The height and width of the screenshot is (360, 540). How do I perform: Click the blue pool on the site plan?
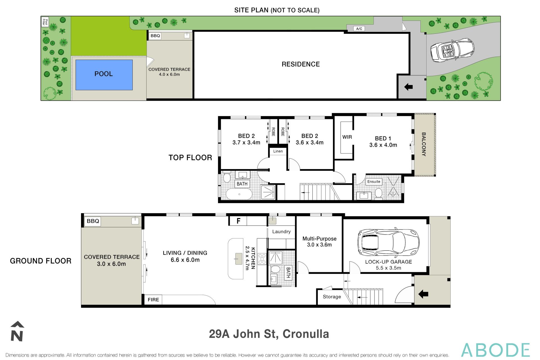(104, 75)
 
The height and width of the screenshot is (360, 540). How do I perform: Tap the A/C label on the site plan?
(359, 29)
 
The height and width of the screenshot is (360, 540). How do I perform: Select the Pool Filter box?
(45, 22)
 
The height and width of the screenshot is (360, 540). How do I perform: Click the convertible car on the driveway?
(452, 50)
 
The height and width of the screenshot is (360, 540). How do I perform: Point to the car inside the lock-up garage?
(388, 243)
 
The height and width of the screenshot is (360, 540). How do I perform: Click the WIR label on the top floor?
(347, 137)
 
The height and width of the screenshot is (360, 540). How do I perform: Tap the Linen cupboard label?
(278, 151)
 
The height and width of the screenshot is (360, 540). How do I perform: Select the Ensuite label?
(373, 182)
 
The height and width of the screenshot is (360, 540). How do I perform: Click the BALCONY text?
(424, 144)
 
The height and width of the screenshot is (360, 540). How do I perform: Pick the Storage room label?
(332, 297)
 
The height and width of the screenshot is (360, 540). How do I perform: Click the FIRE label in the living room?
(153, 300)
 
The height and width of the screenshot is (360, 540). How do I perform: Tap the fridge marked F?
(238, 221)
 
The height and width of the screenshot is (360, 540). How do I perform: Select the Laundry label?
(281, 231)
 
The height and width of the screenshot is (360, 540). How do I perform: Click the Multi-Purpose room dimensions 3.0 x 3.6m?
(319, 245)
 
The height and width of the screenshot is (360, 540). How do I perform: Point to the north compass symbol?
(17, 332)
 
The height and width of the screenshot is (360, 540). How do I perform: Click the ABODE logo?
(495, 350)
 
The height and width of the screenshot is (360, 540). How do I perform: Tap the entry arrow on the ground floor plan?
(423, 294)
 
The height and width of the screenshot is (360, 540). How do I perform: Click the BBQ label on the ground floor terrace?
(93, 221)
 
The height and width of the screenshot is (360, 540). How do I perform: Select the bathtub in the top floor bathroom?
(239, 194)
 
